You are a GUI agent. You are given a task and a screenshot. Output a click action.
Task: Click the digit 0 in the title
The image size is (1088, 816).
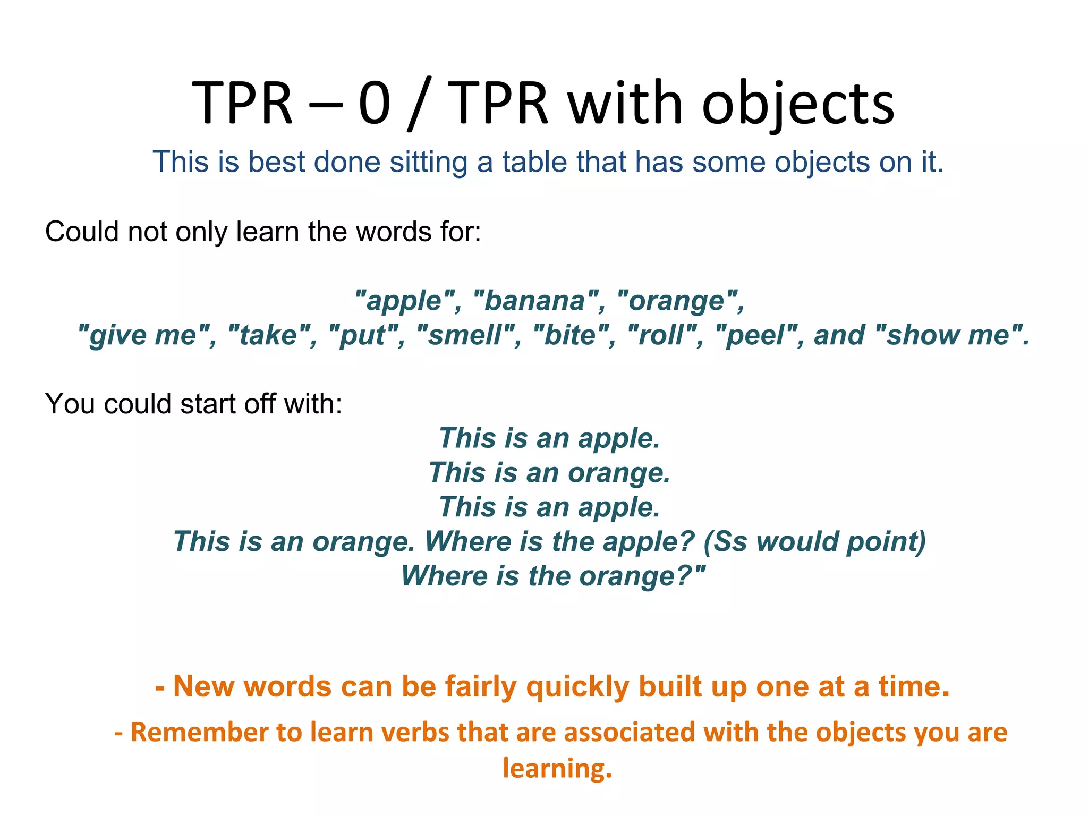375,103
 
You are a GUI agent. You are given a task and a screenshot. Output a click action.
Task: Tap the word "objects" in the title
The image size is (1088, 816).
798,103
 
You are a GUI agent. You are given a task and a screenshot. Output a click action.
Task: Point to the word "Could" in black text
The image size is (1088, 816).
74,232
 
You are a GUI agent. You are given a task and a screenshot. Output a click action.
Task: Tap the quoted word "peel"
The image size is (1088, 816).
759,335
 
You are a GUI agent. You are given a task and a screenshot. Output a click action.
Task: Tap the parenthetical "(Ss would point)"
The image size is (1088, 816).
814,542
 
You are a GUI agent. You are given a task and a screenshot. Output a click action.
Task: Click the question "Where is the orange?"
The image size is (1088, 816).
552,576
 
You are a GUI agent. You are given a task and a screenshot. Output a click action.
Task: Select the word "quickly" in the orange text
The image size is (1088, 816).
577,687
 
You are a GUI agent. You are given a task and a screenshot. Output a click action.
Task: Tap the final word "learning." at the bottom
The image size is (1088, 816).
557,769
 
